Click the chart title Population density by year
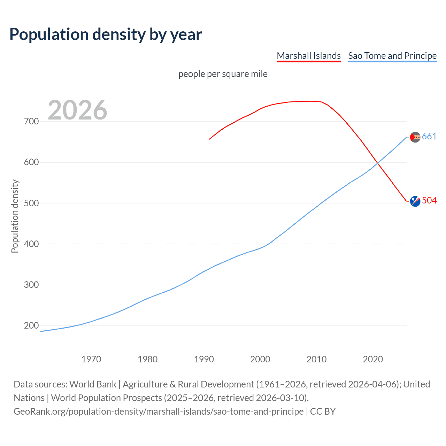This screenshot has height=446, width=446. [106, 34]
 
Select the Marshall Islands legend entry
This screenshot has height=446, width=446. [308, 56]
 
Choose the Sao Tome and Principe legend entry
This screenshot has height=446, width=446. [392, 56]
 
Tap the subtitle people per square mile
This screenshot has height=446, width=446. [223, 74]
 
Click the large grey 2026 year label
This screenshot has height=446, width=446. [77, 110]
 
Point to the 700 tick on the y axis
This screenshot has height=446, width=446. [31, 122]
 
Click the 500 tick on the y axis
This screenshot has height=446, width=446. [31, 203]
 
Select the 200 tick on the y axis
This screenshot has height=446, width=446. [31, 326]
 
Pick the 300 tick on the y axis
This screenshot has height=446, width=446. [31, 285]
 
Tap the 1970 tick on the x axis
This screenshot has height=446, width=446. [91, 359]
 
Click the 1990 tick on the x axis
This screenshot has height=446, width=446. [204, 359]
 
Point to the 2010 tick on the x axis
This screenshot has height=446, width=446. [316, 359]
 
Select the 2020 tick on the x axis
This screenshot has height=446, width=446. [373, 359]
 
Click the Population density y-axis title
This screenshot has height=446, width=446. [15, 216]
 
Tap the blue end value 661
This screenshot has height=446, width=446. [429, 137]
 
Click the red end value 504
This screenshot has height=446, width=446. [429, 201]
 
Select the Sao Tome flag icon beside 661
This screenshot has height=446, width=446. [415, 137]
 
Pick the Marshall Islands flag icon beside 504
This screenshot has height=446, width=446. [415, 201]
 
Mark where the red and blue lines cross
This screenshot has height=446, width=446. [377, 162]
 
